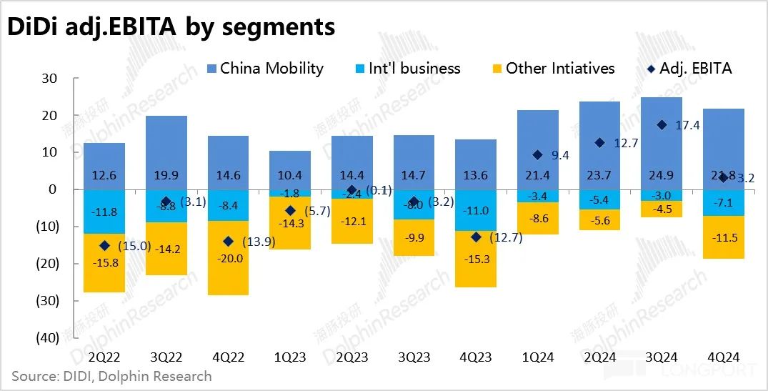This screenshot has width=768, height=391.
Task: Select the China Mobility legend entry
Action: pyautogui.click(x=264, y=69)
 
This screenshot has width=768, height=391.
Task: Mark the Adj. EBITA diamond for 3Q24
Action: pyautogui.click(x=662, y=125)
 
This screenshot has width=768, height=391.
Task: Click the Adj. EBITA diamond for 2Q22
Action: pyautogui.click(x=104, y=245)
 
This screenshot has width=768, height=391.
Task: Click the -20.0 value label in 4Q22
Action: pyautogui.click(x=229, y=258)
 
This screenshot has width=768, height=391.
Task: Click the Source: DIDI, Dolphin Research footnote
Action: pyautogui.click(x=112, y=375)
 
